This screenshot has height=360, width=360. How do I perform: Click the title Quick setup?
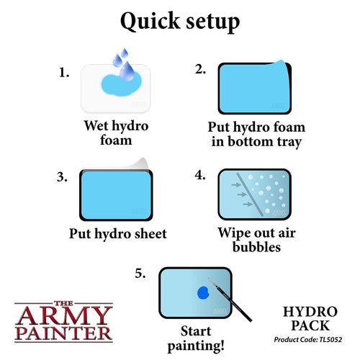179,22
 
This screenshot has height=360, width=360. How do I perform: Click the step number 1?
65,73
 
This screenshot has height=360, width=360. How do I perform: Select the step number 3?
66,175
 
